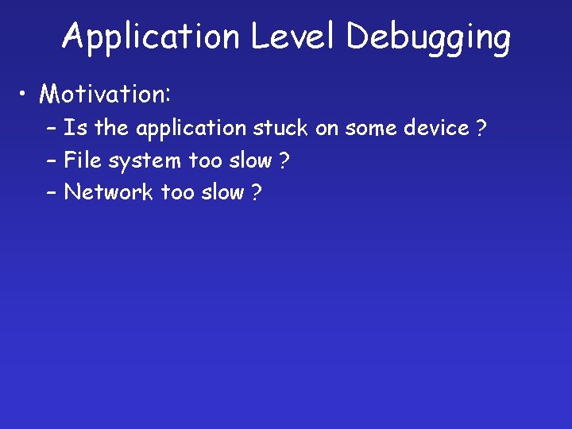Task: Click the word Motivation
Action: point(104,95)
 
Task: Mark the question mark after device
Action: point(481,129)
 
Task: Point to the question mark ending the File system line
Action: point(284,161)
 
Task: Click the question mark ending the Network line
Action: point(256,193)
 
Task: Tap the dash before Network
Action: point(51,193)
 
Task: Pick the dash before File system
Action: point(51,161)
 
